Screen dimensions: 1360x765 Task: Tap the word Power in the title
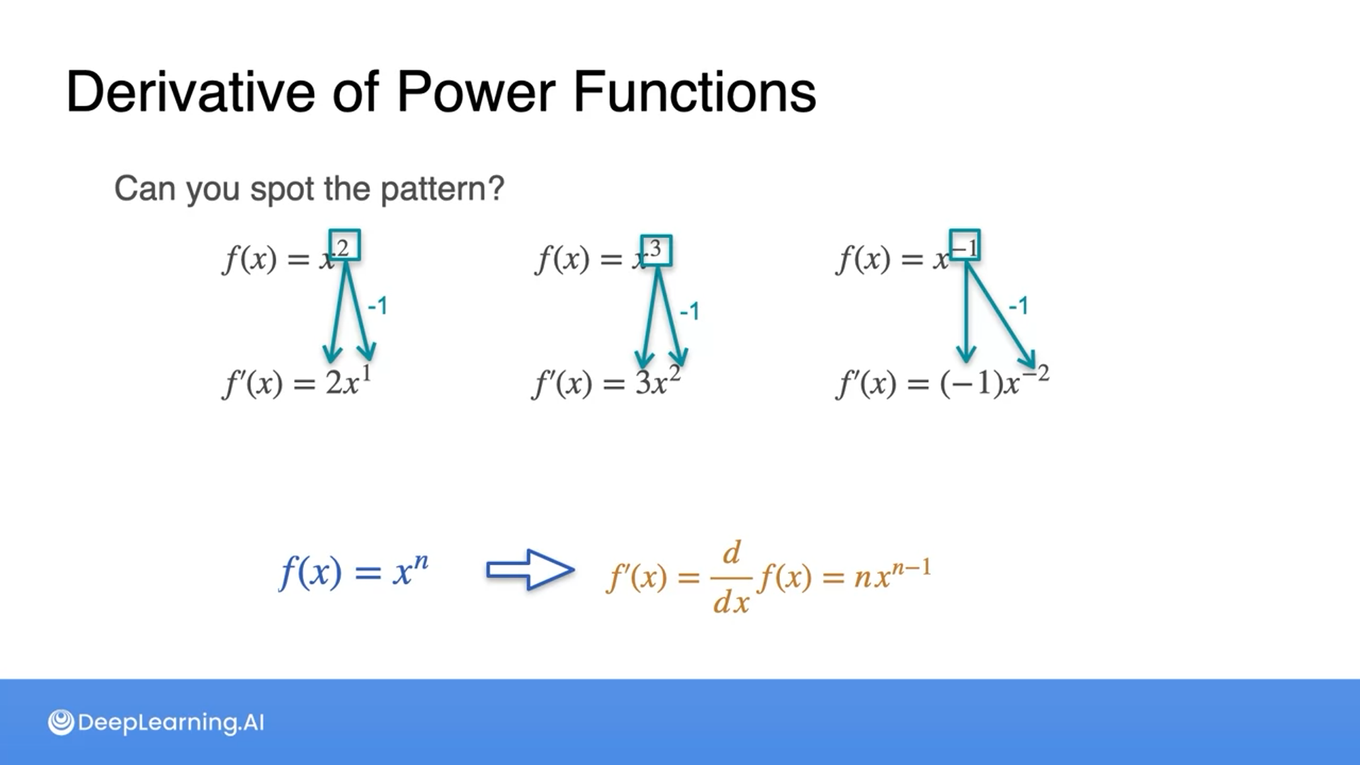click(475, 92)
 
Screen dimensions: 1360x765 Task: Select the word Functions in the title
click(694, 92)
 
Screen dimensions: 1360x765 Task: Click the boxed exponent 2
click(344, 246)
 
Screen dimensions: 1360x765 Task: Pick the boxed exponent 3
click(656, 250)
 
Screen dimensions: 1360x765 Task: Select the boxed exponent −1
click(965, 246)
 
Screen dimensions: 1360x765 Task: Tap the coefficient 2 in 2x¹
click(334, 383)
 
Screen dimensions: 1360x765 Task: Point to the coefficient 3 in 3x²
click(643, 383)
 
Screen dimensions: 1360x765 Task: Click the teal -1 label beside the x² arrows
click(378, 306)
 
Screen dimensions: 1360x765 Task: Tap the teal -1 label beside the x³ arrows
click(689, 311)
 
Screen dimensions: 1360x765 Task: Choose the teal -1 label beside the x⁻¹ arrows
click(1018, 306)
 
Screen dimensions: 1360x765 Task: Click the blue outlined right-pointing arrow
click(529, 569)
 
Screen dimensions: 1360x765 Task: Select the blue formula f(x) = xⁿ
click(354, 571)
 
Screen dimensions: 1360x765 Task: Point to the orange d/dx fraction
click(732, 578)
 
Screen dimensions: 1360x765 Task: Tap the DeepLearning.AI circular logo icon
click(61, 722)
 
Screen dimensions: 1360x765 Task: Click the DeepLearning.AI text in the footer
click(171, 722)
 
